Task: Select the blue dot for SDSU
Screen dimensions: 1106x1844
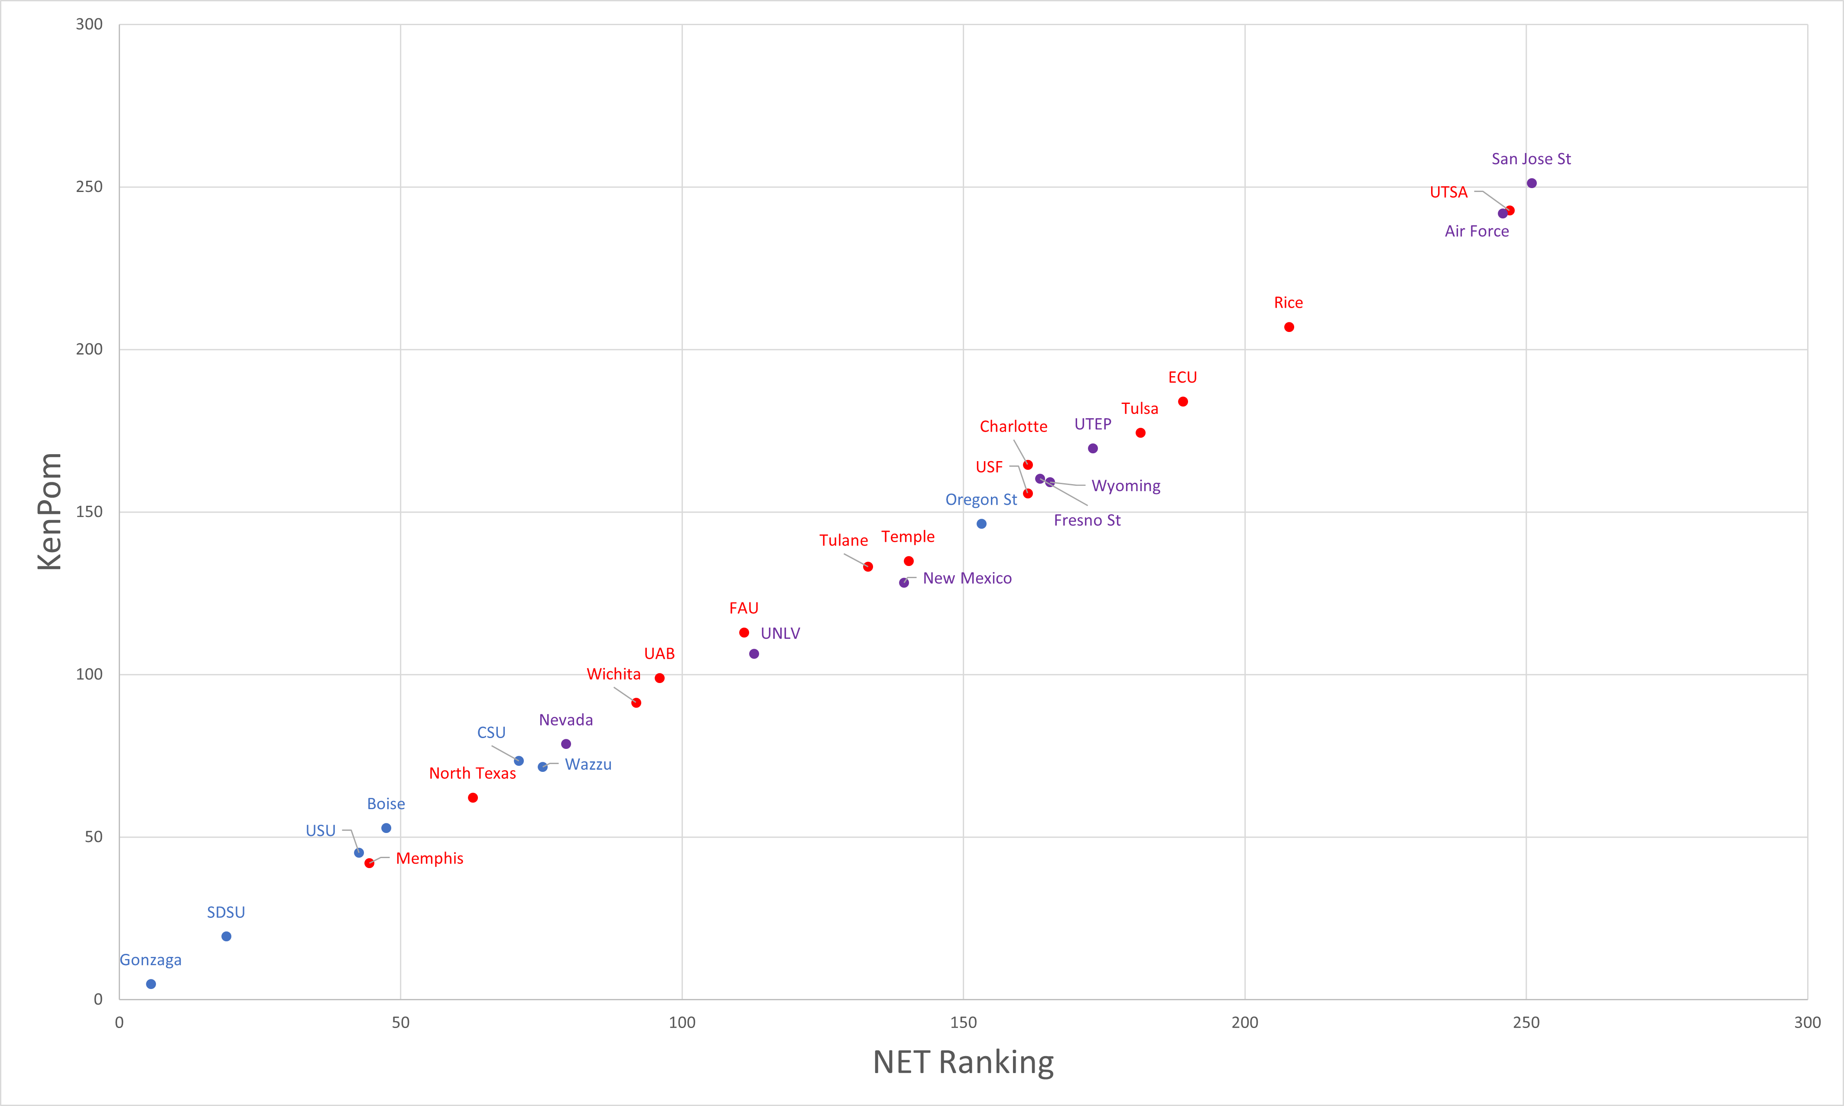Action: click(227, 936)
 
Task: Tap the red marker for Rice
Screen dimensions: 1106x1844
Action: click(1289, 327)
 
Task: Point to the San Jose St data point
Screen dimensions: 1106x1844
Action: click(1532, 183)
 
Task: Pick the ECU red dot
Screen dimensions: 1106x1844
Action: click(1183, 402)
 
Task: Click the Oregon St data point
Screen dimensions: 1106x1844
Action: click(981, 524)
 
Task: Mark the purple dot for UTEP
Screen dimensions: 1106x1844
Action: click(1093, 449)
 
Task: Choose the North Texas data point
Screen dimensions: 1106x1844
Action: click(473, 797)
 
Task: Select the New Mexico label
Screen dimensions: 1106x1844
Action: click(967, 578)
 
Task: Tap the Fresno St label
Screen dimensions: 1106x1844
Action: click(1087, 520)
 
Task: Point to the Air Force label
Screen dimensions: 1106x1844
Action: click(1477, 231)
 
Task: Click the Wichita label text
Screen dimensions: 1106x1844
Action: click(613, 674)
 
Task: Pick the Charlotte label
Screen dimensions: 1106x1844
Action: click(1013, 426)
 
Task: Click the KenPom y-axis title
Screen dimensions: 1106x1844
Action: click(49, 511)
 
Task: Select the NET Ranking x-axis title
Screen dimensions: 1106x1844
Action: click(963, 1062)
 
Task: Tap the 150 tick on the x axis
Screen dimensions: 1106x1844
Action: click(963, 1022)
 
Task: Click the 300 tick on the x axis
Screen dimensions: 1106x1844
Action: click(1807, 1022)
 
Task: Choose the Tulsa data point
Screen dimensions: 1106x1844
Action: click(1141, 433)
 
